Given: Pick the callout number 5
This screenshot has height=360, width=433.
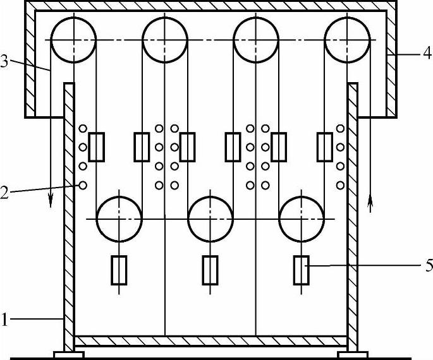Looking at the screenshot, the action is pyautogui.click(x=428, y=265).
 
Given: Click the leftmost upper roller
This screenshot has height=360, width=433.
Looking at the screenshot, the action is pyautogui.click(x=73, y=39).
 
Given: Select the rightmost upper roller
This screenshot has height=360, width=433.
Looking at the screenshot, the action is pyautogui.click(x=347, y=39).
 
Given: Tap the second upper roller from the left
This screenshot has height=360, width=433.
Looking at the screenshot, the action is pyautogui.click(x=164, y=39).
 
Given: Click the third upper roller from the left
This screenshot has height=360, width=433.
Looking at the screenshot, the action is pyautogui.click(x=256, y=39).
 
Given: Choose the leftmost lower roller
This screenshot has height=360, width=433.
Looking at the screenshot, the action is pyautogui.click(x=119, y=219).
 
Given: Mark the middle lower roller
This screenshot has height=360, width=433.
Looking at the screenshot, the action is pyautogui.click(x=210, y=219).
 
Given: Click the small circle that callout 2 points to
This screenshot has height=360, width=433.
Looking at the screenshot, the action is pyautogui.click(x=83, y=185).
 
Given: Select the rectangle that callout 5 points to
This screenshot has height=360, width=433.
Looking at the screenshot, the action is pyautogui.click(x=301, y=270).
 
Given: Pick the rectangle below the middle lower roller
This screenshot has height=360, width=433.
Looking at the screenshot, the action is pyautogui.click(x=210, y=270).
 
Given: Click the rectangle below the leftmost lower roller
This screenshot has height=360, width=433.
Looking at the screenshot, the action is pyautogui.click(x=119, y=270).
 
